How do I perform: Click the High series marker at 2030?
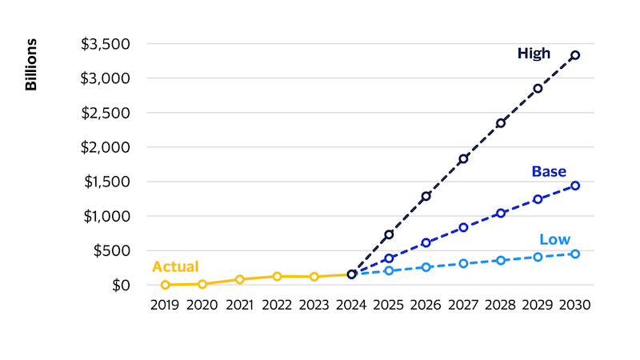(575, 55)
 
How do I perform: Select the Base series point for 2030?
(575, 186)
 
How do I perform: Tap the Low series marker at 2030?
(575, 254)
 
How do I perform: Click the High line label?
(534, 54)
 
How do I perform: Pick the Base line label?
(549, 171)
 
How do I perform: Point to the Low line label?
(554, 239)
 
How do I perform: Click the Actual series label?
(175, 267)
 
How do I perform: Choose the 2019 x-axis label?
(166, 305)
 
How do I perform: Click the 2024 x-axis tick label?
(351, 305)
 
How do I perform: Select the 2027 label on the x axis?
(463, 305)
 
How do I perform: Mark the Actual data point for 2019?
(166, 285)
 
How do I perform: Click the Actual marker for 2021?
(239, 279)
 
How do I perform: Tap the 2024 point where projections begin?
(351, 274)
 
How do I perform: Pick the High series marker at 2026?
(426, 196)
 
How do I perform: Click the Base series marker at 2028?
(501, 213)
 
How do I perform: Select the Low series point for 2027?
(463, 263)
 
